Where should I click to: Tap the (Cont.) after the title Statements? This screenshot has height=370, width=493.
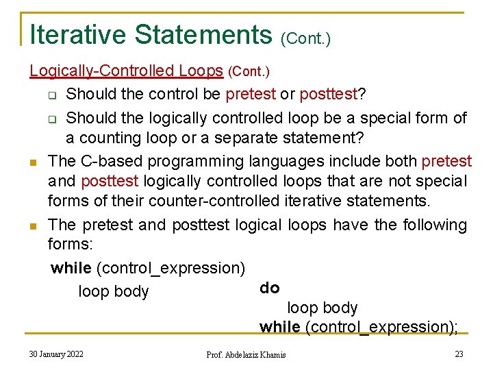point(305,38)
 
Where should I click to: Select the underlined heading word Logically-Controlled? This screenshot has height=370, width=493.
point(102,71)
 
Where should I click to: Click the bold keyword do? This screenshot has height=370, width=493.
point(270,288)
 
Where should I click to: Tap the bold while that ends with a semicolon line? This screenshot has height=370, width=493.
point(279,328)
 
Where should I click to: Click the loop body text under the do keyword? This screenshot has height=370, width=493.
point(322,308)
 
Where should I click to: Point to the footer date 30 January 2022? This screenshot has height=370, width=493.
point(56,354)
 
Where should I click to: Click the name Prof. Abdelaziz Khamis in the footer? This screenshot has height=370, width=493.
point(246,355)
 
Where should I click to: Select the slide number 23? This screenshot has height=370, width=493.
point(459,354)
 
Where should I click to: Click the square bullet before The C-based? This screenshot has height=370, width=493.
point(33,162)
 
